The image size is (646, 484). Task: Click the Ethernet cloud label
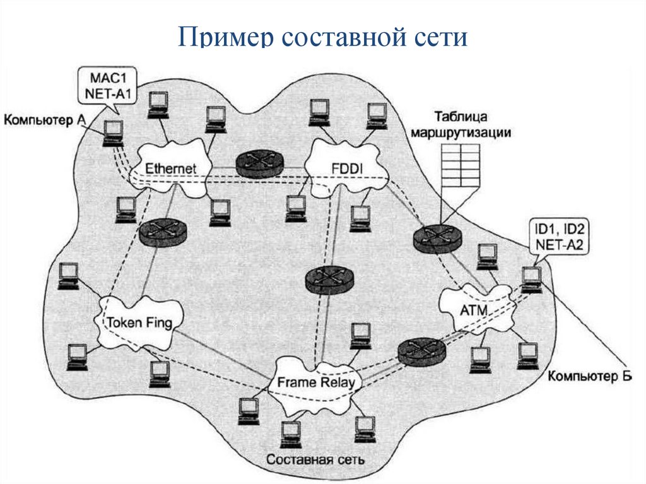coord(171,169)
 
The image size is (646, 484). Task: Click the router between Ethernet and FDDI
coord(259,164)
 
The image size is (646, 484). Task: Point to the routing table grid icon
coord(461,165)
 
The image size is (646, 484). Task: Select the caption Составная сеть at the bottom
coord(315,459)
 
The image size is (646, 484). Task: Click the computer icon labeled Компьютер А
coord(114,133)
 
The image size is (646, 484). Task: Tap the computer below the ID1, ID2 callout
coord(532,278)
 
